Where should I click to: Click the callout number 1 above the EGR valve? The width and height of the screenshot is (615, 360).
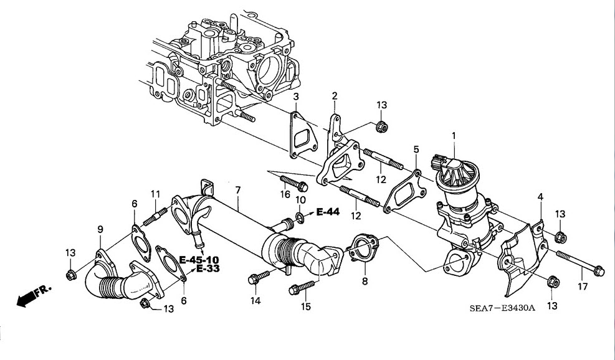coord(454,136)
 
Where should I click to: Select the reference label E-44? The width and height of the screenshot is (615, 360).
coord(328,212)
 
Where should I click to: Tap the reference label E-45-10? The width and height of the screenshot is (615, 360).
coord(199,260)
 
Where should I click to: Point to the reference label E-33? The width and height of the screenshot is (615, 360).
coord(208,268)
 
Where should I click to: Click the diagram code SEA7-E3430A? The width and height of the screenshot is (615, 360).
coord(502,308)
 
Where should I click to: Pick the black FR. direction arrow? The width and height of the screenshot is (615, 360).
coord(26,299)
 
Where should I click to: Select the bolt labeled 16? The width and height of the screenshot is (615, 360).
coord(293,183)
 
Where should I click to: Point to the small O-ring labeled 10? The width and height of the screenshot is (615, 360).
coord(300,217)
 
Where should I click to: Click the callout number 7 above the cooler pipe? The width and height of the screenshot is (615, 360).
coord(238,191)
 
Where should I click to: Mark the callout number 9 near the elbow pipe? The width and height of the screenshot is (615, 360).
coord(100,229)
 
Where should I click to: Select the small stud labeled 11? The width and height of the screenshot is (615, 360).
coord(155,217)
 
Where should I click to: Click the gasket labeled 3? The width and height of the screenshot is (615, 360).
coord(303,135)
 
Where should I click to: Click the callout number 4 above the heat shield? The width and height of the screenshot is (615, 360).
coord(540,197)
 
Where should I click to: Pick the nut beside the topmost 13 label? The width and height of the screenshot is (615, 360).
coord(381,127)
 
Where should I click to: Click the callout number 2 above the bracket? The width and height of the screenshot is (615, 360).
coord(335,96)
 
